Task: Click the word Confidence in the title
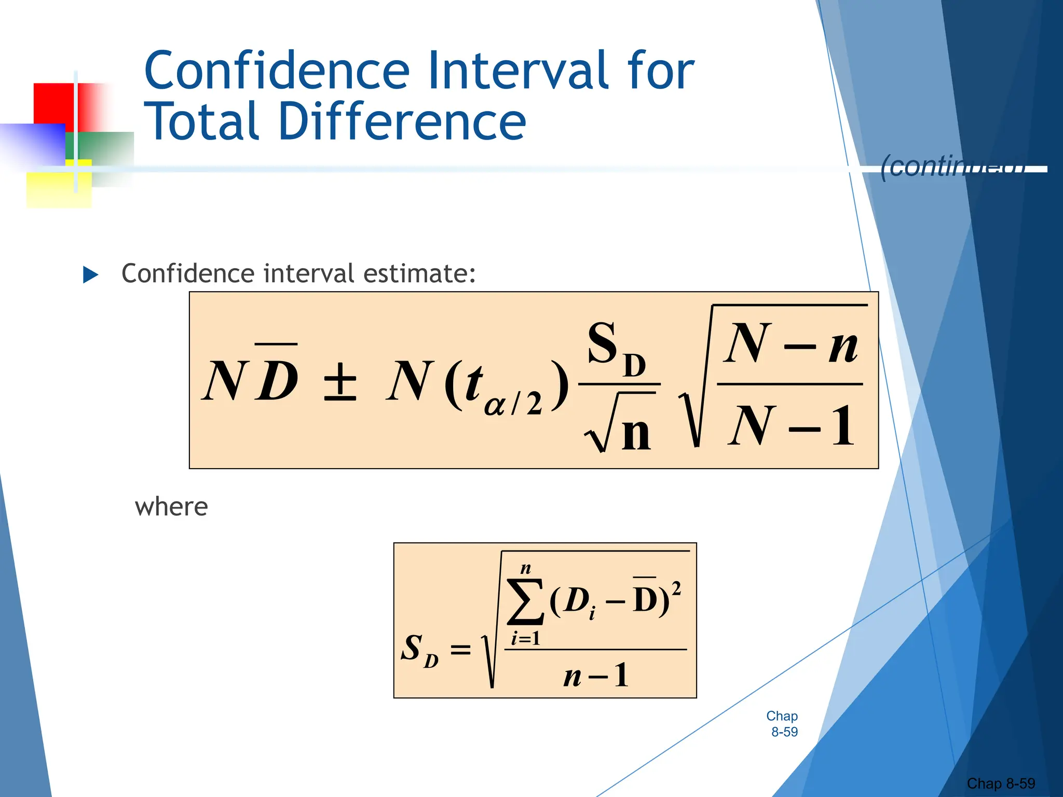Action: [x=277, y=71]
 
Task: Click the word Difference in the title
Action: [x=402, y=121]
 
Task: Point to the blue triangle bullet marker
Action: [x=91, y=274]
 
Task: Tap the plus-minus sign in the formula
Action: [x=340, y=381]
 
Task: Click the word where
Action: [x=171, y=506]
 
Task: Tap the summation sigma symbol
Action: [x=525, y=602]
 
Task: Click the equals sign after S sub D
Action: [x=460, y=649]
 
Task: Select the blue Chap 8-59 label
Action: [x=782, y=724]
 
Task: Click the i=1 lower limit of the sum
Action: [x=525, y=638]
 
